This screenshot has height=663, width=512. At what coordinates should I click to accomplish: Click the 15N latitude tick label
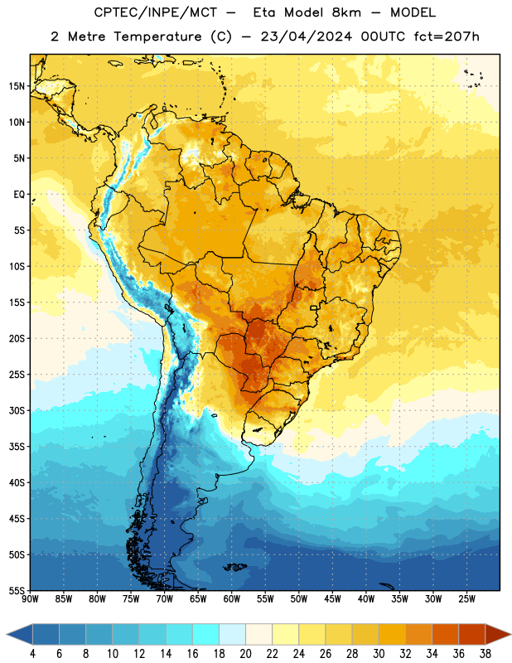point(17,86)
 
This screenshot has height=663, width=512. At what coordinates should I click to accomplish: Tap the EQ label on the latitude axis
point(19,195)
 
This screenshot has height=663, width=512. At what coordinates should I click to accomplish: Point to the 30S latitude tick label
point(17,410)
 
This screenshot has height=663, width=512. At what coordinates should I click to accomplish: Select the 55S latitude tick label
point(17,591)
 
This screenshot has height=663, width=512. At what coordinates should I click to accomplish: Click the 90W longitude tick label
point(31,599)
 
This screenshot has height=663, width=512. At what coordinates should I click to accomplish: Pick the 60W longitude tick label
point(232,599)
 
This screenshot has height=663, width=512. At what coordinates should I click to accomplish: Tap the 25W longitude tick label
point(466,599)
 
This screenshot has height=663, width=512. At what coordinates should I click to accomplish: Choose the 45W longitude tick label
point(332,599)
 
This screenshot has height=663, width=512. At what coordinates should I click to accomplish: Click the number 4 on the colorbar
point(32,654)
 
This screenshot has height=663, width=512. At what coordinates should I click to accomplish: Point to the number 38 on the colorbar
point(485,654)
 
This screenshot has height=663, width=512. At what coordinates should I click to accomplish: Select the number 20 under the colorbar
point(245,654)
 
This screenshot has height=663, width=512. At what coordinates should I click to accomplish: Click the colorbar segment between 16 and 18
point(206,634)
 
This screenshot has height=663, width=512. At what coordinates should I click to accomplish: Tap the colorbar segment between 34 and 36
point(445,634)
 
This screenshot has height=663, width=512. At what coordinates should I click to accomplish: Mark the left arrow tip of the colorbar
point(7,634)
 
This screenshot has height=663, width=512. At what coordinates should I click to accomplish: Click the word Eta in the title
point(264,12)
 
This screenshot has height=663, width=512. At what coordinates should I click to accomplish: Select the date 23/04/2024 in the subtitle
point(306,36)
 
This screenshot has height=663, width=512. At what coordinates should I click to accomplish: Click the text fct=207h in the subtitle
point(447,36)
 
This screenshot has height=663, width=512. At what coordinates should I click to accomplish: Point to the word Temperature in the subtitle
point(157,36)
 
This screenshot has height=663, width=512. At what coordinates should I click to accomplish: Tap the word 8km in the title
point(346,12)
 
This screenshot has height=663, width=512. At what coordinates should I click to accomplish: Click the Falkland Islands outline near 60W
point(234,567)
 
